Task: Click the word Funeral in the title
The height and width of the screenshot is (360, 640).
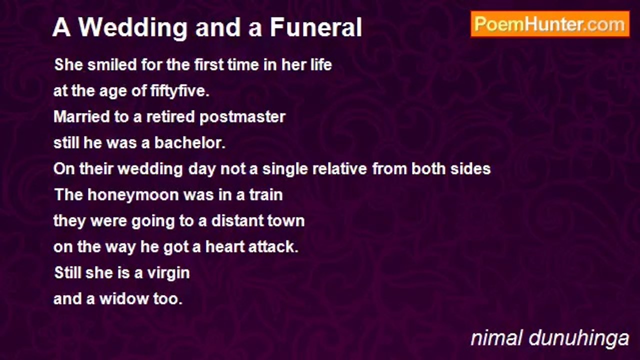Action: (316, 27)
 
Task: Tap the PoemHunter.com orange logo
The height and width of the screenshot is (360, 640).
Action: (550, 24)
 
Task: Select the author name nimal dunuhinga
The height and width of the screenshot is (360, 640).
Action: (550, 338)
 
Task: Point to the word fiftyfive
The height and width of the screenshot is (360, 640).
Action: (180, 91)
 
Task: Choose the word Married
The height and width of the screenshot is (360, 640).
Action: (81, 117)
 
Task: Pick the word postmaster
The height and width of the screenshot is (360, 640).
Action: (242, 117)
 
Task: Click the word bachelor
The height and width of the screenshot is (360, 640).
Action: (190, 142)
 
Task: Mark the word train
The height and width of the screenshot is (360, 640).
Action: (266, 195)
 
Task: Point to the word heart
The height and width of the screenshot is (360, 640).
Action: (224, 247)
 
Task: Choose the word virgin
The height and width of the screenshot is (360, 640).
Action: (168, 273)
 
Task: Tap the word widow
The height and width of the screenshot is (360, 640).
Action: (123, 299)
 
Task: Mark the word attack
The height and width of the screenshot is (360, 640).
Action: (273, 247)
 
